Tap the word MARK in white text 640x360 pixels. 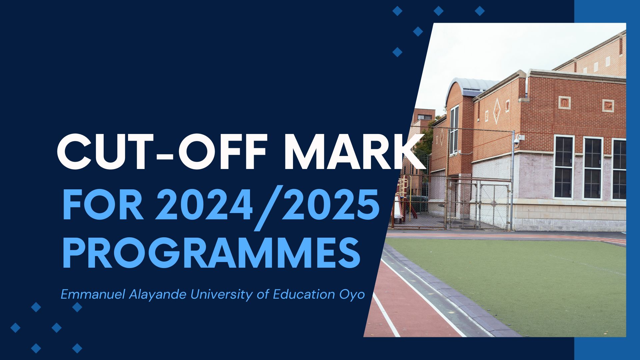[356, 152]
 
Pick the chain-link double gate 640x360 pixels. [478, 205]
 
